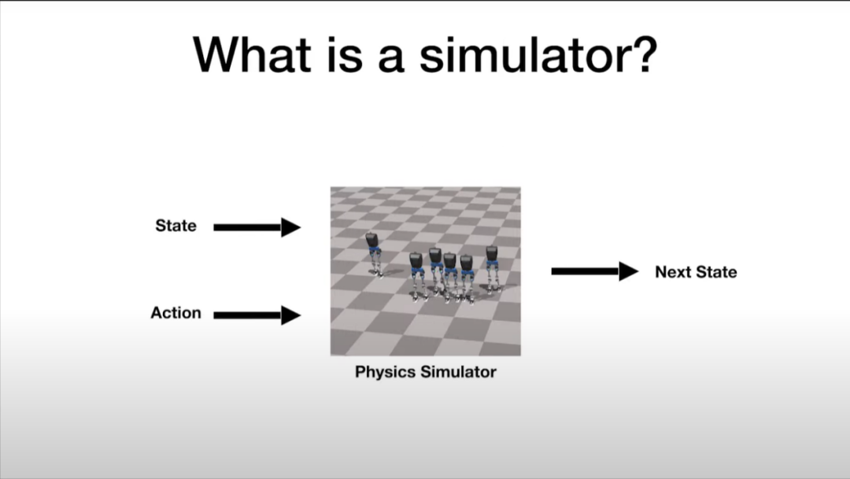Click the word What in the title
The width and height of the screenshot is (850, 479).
tap(252, 54)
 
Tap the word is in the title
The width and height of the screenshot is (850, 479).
tap(345, 54)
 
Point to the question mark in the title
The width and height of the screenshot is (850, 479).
tap(644, 54)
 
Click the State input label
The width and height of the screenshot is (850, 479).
tap(176, 226)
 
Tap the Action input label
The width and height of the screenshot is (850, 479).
tap(176, 313)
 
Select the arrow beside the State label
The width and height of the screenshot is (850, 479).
tap(257, 227)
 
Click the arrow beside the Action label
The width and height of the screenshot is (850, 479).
tap(257, 315)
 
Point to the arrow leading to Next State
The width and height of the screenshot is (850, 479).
tap(595, 271)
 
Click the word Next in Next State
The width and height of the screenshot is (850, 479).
tap(673, 271)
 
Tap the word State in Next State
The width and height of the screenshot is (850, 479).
tap(716, 271)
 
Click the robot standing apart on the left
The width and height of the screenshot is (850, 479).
tap(374, 254)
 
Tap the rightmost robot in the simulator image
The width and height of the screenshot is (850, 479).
tap(492, 269)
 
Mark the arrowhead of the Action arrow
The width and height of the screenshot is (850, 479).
tap(291, 315)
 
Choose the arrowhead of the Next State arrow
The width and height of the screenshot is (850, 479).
tap(629, 271)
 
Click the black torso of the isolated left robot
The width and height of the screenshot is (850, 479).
tap(371, 239)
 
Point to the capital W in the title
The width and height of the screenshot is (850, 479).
tap(217, 54)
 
